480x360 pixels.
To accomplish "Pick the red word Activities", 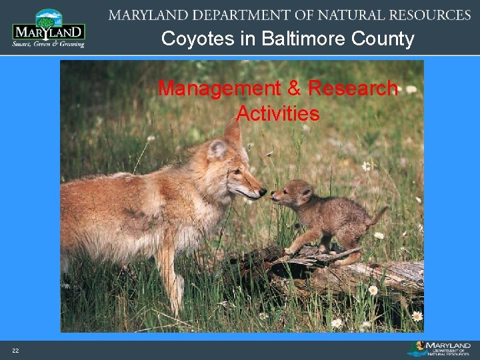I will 278,114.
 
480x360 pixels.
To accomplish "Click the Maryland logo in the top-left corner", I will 48,28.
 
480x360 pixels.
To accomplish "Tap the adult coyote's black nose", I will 263,192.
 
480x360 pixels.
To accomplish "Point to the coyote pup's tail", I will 379,215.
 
